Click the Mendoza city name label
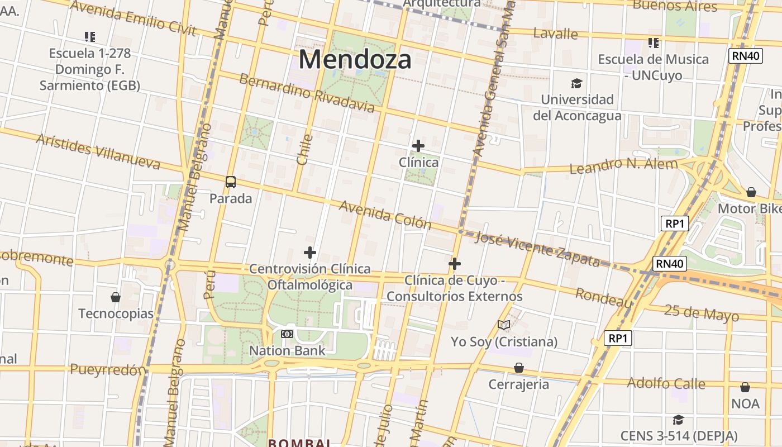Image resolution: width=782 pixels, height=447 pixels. coord(355,59)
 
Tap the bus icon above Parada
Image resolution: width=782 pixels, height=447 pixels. coord(231,182)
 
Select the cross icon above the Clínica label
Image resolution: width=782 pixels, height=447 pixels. coord(418,146)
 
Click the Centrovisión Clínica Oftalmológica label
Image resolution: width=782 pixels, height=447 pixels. coord(310,277)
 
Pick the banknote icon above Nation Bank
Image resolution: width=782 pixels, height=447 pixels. coord(287,334)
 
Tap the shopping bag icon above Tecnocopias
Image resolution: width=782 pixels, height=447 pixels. coord(116,297)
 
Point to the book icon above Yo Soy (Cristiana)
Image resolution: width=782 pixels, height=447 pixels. coord(504,325)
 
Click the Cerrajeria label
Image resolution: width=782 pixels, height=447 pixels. coord(518,384)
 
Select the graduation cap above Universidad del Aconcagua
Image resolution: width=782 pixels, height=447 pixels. coord(576,84)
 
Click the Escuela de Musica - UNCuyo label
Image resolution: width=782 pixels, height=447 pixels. coord(653,67)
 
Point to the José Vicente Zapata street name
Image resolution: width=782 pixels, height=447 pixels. coord(537,248)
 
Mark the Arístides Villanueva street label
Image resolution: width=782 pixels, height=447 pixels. coord(98,151)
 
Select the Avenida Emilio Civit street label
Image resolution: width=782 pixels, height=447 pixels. coord(133,18)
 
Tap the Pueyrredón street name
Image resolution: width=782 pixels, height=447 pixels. coord(108,370)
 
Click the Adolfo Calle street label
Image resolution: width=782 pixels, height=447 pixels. coord(666,383)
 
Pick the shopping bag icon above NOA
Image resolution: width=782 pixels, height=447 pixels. coord(745,387)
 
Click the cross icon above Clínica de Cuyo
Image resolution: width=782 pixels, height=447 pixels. coord(455,264)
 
